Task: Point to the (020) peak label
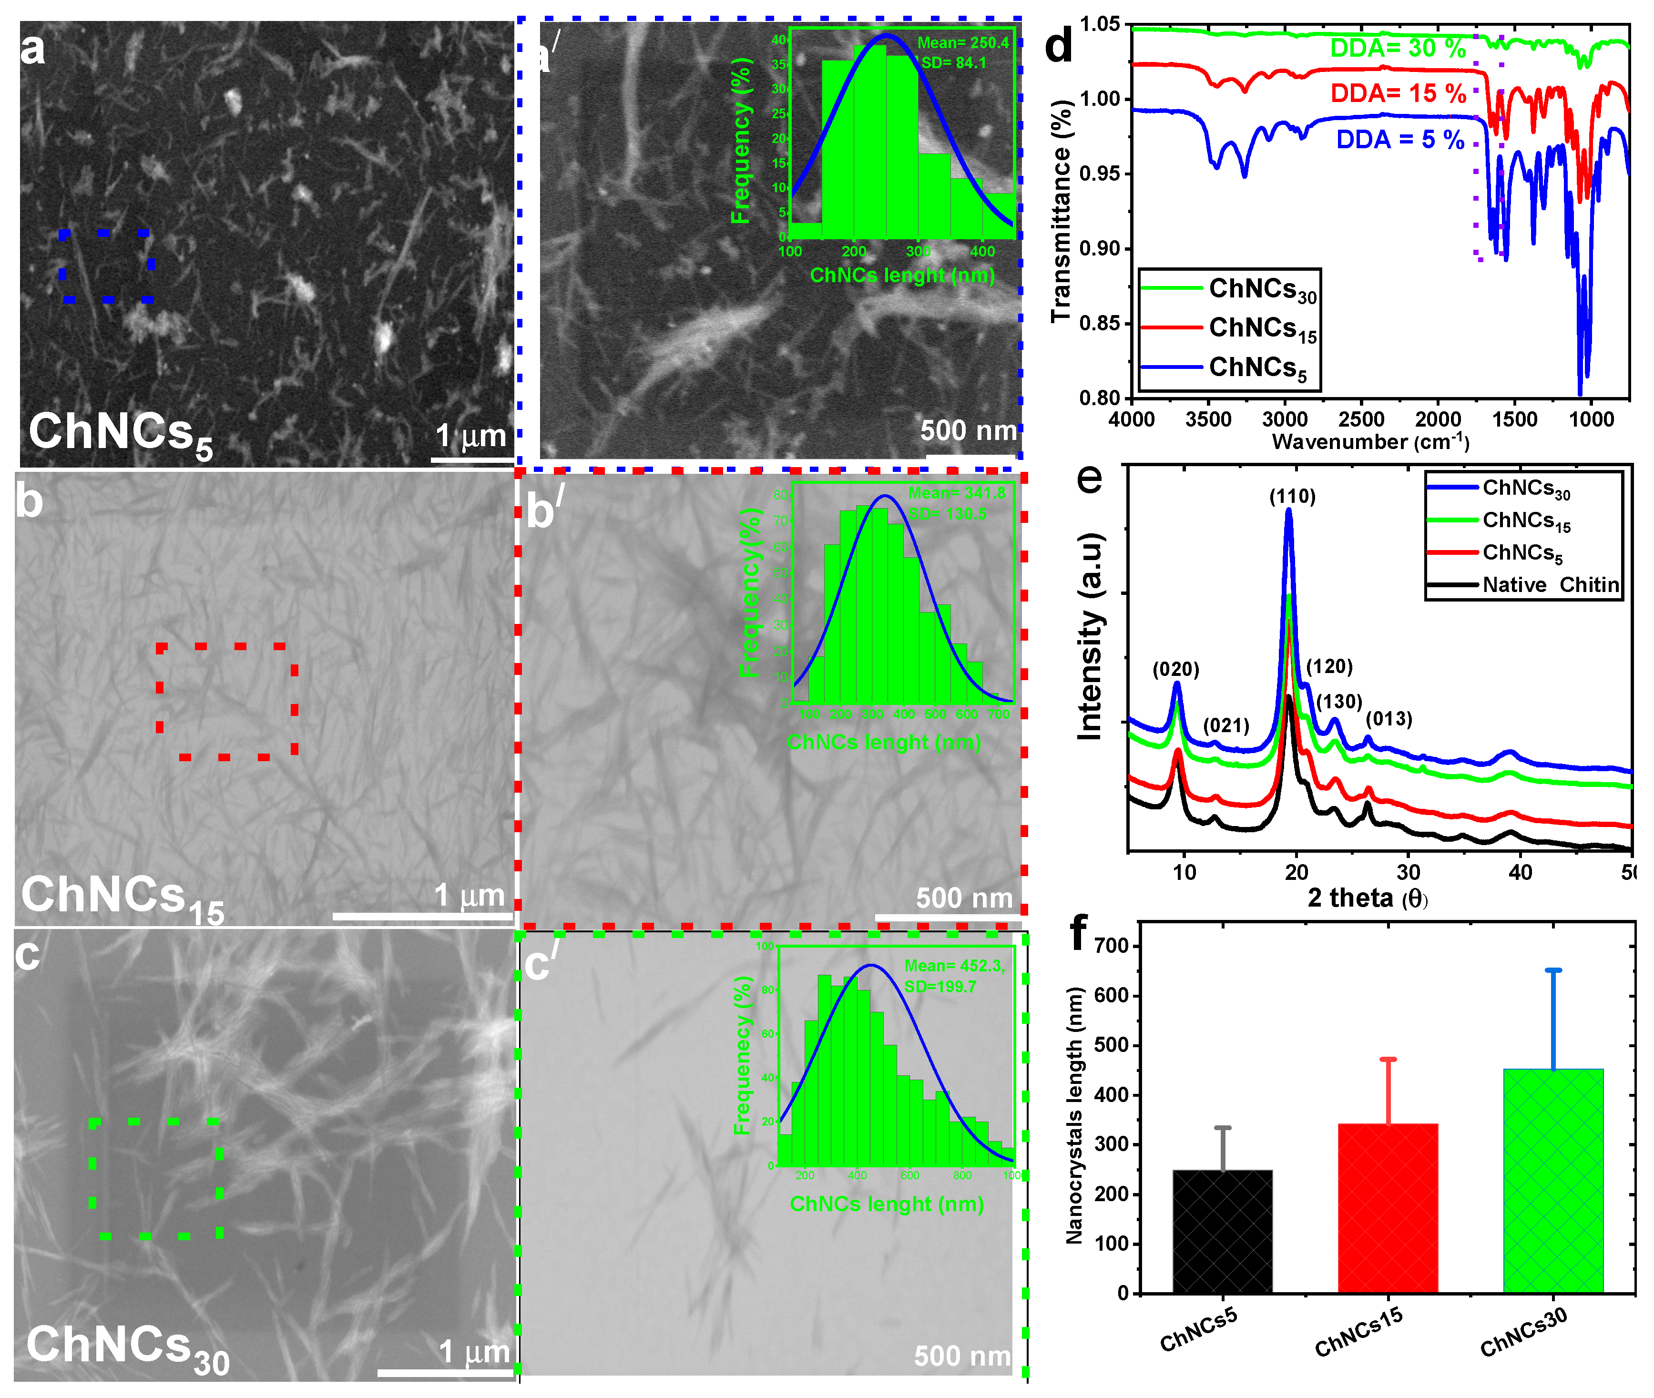(x=1175, y=670)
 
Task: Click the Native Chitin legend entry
(x=1550, y=585)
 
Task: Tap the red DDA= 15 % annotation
(x=1398, y=93)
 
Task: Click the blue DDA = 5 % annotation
(x=1399, y=140)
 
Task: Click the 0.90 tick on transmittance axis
(x=1102, y=249)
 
